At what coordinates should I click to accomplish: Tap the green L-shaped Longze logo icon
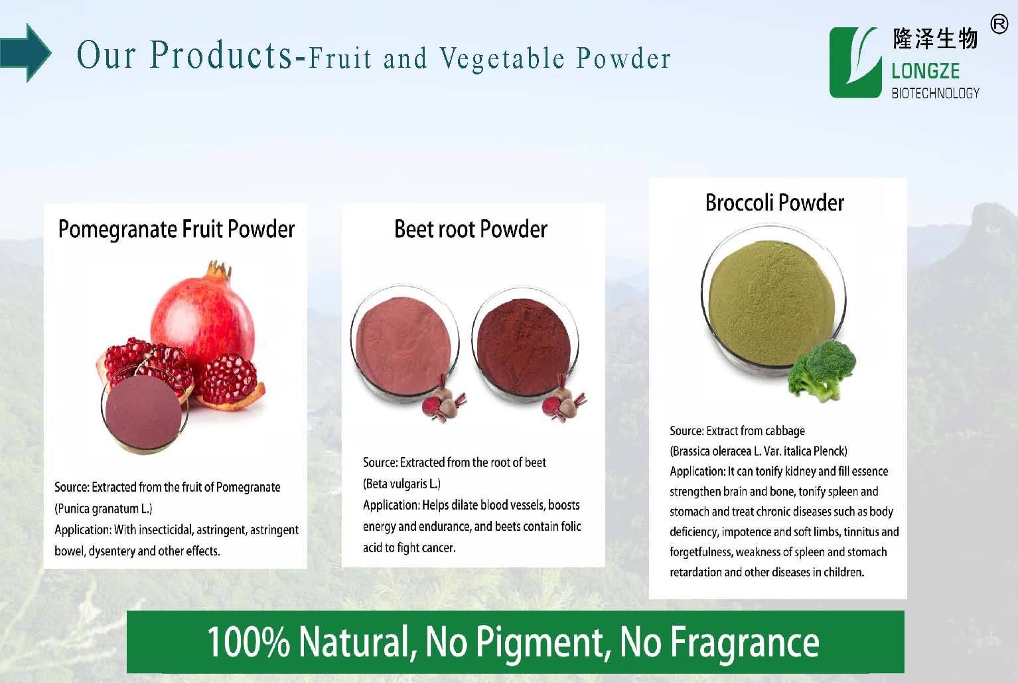[x=855, y=62]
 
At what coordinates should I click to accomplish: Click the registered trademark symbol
[x=999, y=24]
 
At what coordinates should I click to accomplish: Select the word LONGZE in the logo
[x=925, y=71]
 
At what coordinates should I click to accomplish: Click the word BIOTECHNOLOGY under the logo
[x=935, y=93]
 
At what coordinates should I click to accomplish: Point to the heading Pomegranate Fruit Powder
[x=177, y=229]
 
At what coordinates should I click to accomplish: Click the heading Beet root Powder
[x=471, y=229]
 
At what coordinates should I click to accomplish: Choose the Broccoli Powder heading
[x=774, y=203]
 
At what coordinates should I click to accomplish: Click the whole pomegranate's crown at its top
[x=220, y=269]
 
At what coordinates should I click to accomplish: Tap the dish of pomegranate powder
[x=144, y=413]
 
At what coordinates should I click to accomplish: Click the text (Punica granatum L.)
[x=103, y=509]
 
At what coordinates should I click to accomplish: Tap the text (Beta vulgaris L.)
[x=401, y=484]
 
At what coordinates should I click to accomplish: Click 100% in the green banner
[x=249, y=642]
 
